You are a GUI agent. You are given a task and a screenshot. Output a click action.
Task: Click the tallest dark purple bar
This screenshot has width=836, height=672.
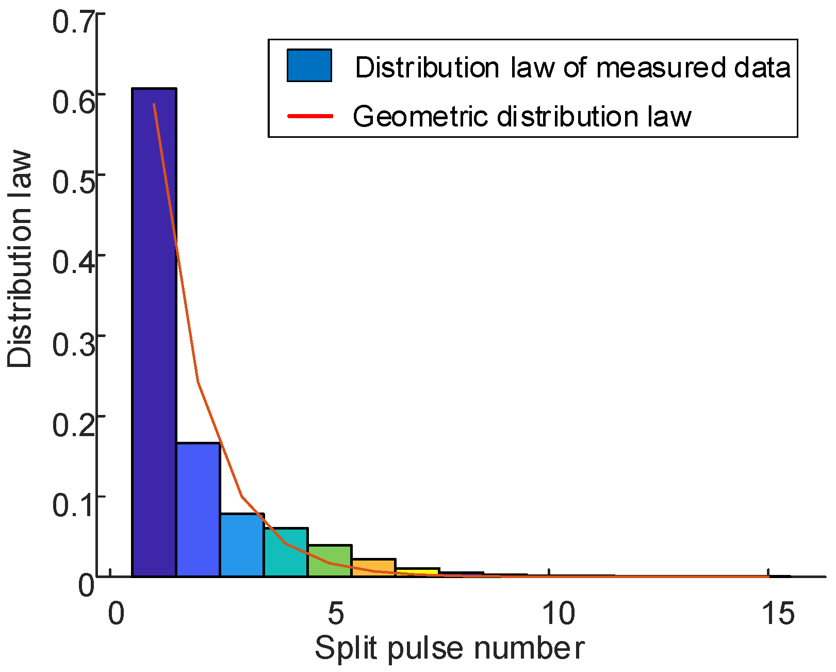click(x=154, y=330)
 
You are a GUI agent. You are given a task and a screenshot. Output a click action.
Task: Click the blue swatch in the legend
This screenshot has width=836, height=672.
click(x=309, y=66)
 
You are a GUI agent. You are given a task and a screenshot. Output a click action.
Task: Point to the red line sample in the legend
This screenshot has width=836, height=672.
click(x=310, y=116)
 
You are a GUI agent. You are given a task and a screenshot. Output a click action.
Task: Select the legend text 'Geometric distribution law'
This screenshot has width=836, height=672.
click(x=522, y=116)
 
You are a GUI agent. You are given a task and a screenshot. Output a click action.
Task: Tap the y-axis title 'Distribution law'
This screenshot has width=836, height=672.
click(x=20, y=259)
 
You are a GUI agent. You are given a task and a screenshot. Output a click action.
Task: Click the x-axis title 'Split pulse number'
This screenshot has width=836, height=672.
click(x=449, y=648)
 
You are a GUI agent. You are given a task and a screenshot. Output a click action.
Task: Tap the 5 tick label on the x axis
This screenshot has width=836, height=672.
click(x=335, y=614)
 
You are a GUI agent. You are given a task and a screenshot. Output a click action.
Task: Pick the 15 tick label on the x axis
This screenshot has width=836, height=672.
click(x=778, y=614)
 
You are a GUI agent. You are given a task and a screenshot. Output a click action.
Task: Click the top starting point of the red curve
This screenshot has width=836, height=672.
click(x=154, y=104)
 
